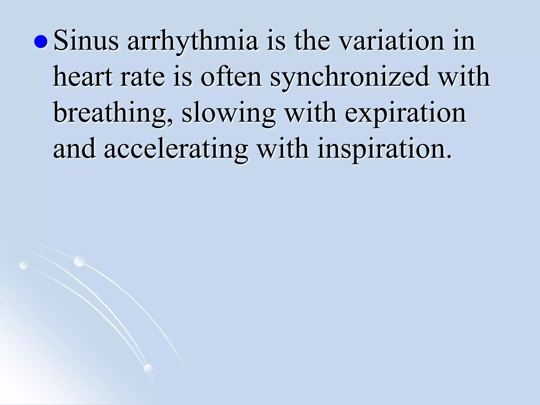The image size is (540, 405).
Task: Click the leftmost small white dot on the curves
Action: tap(23, 265)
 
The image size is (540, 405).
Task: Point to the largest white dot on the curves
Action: tap(80, 261)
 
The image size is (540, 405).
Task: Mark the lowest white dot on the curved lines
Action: tap(148, 368)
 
